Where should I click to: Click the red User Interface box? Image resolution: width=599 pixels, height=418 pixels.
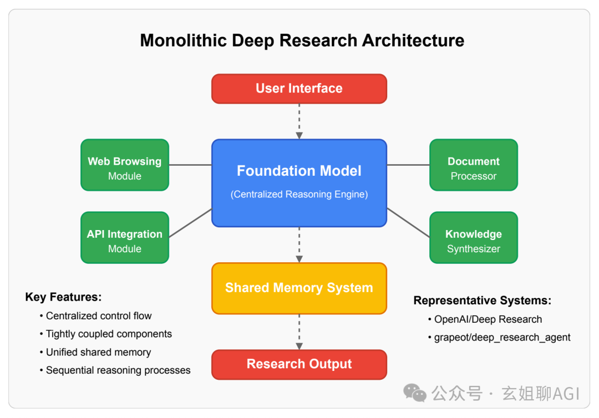pyautogui.click(x=299, y=89)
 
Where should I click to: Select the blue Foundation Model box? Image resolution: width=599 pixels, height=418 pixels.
pyautogui.click(x=299, y=183)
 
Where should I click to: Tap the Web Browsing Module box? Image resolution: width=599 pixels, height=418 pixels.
pyautogui.click(x=125, y=165)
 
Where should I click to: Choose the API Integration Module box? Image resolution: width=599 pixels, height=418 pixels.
pyautogui.click(x=125, y=237)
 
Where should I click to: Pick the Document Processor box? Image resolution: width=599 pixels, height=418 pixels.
pyautogui.click(x=474, y=165)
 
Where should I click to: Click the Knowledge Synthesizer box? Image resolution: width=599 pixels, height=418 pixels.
pyautogui.click(x=474, y=237)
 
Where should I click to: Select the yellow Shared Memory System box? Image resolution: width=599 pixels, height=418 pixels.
pyautogui.click(x=299, y=288)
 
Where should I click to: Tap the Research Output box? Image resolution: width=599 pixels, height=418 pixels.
pyautogui.click(x=299, y=365)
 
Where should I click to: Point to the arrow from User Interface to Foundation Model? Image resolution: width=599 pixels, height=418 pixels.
pyautogui.click(x=299, y=121)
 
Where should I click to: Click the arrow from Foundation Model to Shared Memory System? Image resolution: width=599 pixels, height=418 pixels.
pyautogui.click(x=299, y=245)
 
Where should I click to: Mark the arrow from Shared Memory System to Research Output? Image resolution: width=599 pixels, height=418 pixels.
pyautogui.click(x=299, y=332)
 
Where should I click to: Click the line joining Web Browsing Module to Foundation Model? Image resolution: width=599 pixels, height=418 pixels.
pyautogui.click(x=190, y=165)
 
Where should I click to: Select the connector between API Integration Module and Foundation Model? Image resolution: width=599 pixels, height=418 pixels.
pyautogui.click(x=190, y=223)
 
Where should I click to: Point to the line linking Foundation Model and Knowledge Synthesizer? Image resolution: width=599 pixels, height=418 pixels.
pyautogui.click(x=408, y=223)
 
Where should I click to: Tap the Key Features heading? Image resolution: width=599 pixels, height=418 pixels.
pyautogui.click(x=63, y=297)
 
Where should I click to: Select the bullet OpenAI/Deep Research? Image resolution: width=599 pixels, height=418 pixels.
pyautogui.click(x=485, y=319)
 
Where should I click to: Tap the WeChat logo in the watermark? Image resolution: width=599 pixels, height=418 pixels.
pyautogui.click(x=415, y=393)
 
